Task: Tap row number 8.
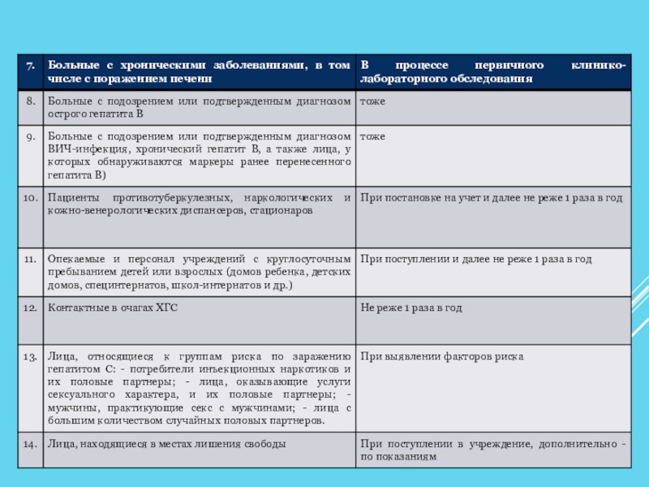pos(28,101)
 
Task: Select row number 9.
pos(28,137)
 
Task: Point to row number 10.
pos(28,198)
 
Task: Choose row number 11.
pos(28,259)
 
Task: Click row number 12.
pos(28,308)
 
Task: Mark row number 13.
pos(28,356)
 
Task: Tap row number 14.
pos(28,444)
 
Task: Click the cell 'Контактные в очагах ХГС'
pos(113,308)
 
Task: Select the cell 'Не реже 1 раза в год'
pos(411,308)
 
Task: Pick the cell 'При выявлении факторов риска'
pos(442,356)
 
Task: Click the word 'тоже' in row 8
pos(373,101)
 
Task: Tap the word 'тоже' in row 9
pos(373,137)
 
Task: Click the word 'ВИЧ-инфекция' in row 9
pos(82,149)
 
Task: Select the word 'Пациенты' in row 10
pos(71,198)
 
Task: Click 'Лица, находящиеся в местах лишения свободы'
pos(166,444)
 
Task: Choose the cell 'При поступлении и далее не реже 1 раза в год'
pos(476,259)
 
